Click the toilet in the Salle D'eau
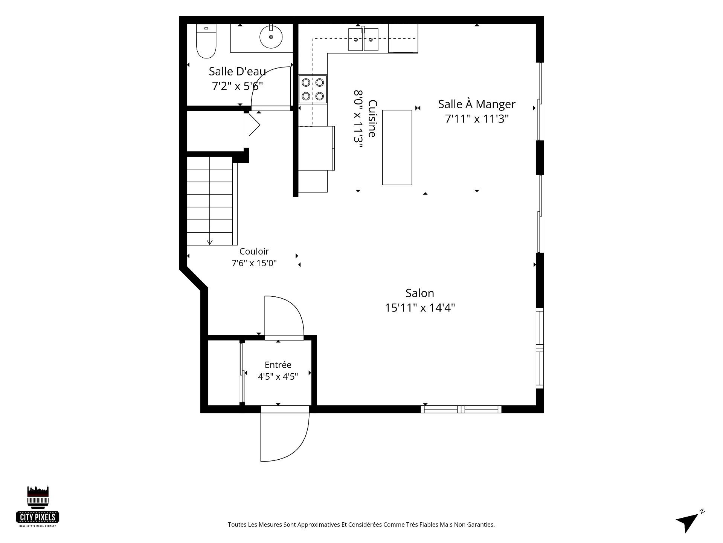tap(206, 41)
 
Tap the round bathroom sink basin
tap(271, 37)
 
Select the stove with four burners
tap(313, 89)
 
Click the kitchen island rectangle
tap(397, 147)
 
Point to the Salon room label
tap(419, 293)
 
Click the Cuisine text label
tap(372, 118)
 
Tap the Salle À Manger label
tap(477, 104)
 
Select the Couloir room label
tap(254, 251)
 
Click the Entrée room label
tap(278, 365)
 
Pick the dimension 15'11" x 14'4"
tap(420, 308)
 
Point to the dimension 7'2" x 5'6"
tap(237, 86)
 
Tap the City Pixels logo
tap(38, 506)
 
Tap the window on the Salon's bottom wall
tap(461, 409)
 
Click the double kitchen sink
tap(363, 39)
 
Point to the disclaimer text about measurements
tap(361, 525)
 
